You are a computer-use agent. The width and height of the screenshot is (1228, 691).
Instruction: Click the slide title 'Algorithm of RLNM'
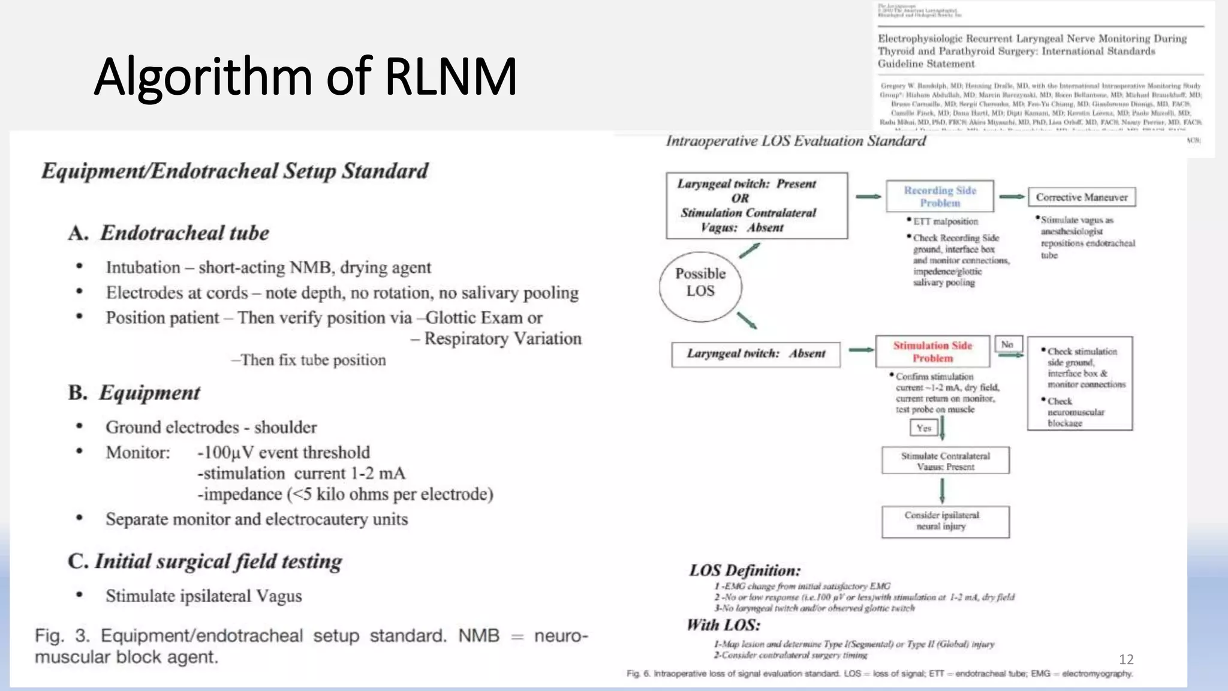click(x=305, y=76)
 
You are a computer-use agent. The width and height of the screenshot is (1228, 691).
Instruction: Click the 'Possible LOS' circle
click(x=700, y=283)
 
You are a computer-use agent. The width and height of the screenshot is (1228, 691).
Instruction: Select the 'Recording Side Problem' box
click(x=940, y=196)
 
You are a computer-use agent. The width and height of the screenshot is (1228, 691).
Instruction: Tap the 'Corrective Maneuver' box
click(x=1082, y=197)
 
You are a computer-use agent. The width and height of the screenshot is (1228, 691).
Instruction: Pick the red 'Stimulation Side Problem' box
click(x=932, y=351)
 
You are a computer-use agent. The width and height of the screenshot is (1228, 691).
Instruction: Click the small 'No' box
click(x=1007, y=344)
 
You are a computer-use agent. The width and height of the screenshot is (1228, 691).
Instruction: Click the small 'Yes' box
click(x=923, y=428)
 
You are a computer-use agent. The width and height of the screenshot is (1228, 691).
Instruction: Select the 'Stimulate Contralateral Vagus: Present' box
click(x=945, y=461)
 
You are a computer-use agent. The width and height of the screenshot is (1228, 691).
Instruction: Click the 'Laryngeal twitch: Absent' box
click(x=756, y=354)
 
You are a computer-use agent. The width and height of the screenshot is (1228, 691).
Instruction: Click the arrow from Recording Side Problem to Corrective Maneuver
click(x=1012, y=197)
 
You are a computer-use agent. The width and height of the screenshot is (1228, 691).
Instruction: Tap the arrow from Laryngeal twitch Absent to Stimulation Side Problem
click(x=861, y=350)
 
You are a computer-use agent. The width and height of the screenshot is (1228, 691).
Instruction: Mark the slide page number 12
click(x=1126, y=660)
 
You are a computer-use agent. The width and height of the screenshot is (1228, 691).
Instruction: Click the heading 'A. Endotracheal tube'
click(x=169, y=233)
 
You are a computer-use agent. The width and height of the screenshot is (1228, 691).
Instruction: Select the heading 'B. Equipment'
click(x=134, y=392)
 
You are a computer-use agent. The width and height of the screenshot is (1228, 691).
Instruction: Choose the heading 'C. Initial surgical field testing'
click(x=205, y=561)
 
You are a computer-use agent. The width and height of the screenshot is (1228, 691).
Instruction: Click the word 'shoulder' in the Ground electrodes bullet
click(x=285, y=427)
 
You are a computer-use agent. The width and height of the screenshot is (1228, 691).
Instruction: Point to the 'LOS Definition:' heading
click(x=745, y=570)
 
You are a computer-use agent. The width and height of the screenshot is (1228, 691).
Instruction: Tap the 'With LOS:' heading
click(x=723, y=625)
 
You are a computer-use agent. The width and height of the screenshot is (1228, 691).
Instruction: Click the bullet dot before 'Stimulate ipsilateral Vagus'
click(x=79, y=595)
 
